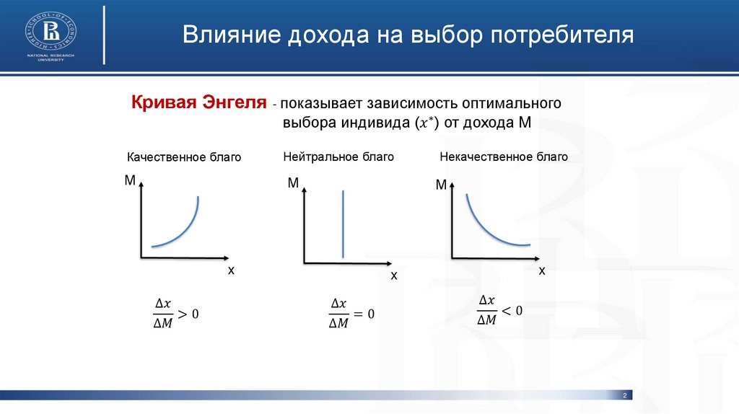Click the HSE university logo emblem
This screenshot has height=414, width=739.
51,31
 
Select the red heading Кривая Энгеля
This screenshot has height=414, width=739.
199,102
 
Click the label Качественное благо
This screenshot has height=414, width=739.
184,157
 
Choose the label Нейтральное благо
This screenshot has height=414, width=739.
338,157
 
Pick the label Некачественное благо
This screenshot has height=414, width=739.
503,157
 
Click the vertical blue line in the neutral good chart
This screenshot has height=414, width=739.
343,224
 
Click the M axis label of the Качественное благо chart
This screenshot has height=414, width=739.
130,180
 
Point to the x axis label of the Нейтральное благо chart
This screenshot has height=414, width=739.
394,276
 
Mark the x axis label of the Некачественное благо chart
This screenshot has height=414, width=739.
542,271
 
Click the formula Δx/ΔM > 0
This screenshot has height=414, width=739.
176,313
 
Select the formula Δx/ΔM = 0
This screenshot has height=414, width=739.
351,313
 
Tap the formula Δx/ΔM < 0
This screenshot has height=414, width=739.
499,310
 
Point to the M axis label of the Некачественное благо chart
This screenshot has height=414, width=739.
441,185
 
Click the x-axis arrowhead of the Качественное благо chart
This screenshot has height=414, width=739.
226,258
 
